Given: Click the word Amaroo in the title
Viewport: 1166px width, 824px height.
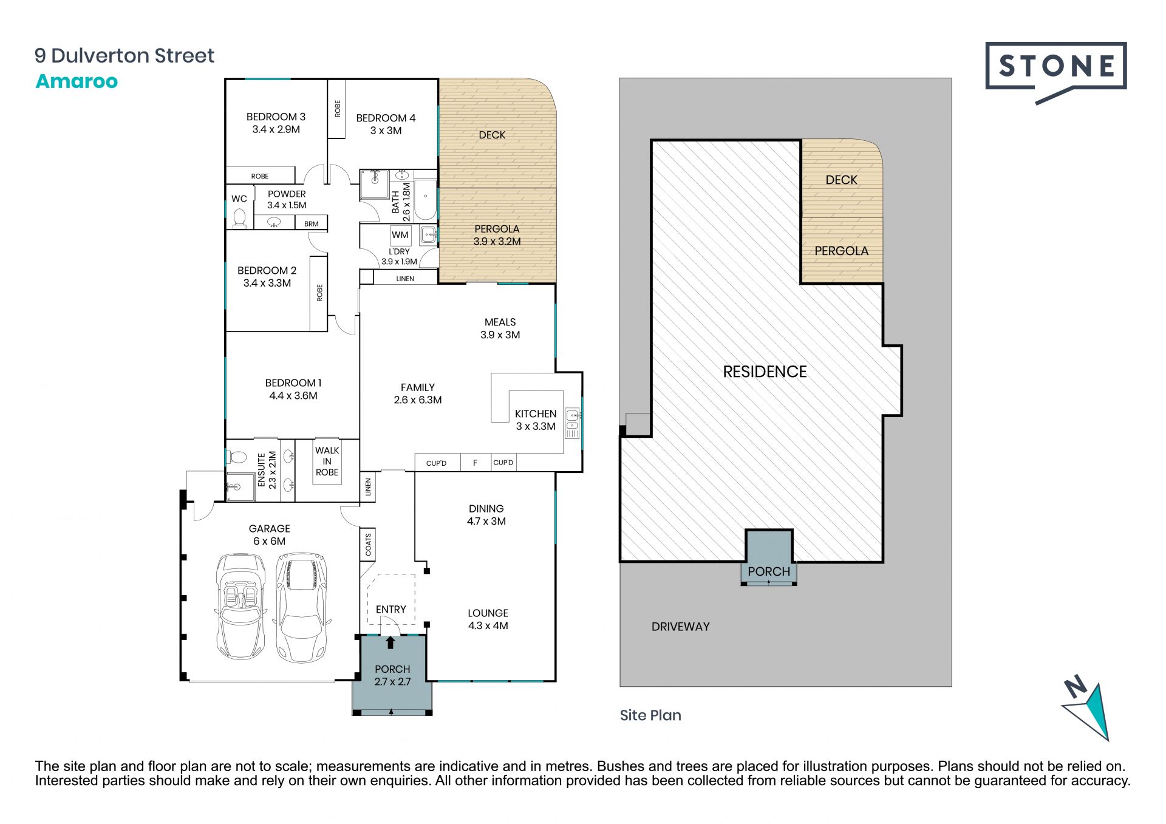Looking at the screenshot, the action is [77, 81].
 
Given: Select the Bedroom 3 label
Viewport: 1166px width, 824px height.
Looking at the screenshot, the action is [276, 117].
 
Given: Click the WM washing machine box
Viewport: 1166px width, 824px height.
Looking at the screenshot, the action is [400, 235].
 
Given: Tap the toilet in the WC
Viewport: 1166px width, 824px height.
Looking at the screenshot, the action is [239, 217].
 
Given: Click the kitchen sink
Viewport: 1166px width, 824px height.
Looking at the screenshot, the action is [572, 415].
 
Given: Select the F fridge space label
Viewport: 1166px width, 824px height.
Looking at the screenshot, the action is [475, 463].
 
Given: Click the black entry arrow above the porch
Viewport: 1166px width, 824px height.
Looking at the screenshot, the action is [390, 642].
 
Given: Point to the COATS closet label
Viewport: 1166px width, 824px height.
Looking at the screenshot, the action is [368, 544].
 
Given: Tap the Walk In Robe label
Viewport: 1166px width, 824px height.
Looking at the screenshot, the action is [327, 461].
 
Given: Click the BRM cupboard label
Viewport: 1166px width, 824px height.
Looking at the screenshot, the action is [312, 223].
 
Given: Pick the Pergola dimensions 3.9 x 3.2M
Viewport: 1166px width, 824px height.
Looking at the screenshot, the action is [497, 241].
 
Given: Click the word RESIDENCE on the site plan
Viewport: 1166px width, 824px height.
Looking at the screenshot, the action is [765, 372].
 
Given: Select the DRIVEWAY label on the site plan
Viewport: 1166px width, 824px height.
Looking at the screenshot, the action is [680, 627].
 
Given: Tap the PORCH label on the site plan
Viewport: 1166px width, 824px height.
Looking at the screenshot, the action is [769, 571].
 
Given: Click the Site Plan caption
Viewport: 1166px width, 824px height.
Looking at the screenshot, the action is [650, 715].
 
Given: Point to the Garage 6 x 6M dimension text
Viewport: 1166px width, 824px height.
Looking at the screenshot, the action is [269, 541].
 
